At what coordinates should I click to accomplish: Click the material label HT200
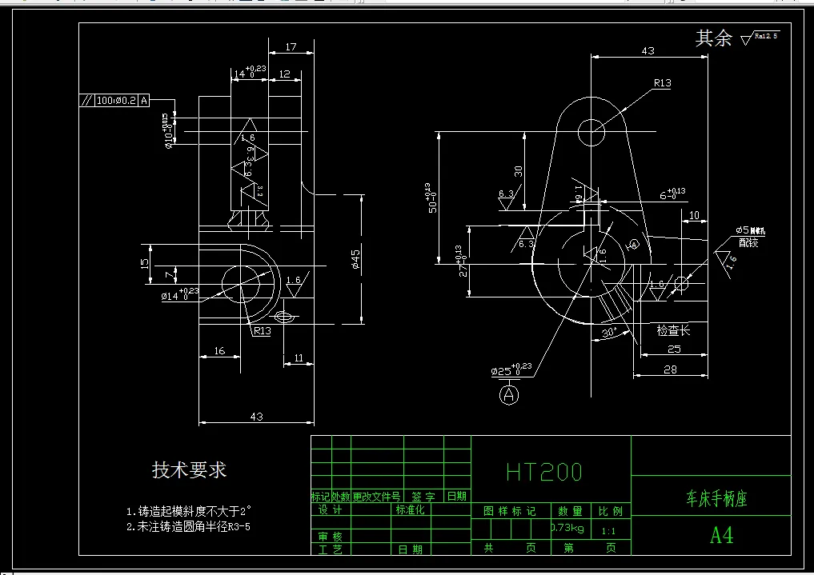[x=544, y=472]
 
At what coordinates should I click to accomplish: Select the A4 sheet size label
[x=721, y=535]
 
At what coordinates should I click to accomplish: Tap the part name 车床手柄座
[x=716, y=499]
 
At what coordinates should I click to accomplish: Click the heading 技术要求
[x=189, y=470]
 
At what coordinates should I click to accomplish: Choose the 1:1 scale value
[x=608, y=529]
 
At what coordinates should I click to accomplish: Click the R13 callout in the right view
[x=662, y=83]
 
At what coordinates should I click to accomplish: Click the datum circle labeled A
[x=510, y=393]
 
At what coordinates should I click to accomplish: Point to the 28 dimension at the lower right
[x=670, y=369]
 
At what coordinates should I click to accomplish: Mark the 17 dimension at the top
[x=291, y=47]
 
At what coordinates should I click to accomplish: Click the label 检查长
[x=673, y=329]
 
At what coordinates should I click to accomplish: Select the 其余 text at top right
[x=713, y=38]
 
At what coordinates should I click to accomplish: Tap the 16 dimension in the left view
[x=219, y=350]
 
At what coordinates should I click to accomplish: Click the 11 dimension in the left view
[x=299, y=358]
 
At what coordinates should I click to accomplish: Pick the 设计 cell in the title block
[x=330, y=510]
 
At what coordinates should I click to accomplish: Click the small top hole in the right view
[x=592, y=130]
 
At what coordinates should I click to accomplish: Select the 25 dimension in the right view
[x=674, y=349]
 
